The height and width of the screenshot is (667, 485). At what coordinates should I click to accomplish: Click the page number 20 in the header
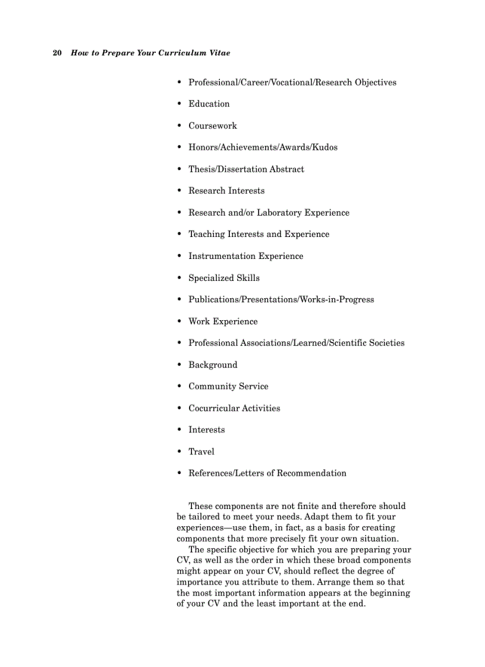click(x=57, y=53)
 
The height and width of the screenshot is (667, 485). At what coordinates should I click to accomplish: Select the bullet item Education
click(x=209, y=104)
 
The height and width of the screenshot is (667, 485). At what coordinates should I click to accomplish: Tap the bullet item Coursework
click(x=212, y=126)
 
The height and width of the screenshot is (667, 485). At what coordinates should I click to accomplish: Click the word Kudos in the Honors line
click(x=325, y=147)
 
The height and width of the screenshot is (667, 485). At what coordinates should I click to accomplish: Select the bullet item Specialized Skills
click(x=223, y=278)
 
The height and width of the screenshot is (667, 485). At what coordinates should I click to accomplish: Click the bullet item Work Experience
click(x=223, y=321)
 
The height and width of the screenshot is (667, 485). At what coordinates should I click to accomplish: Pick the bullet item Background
click(x=213, y=365)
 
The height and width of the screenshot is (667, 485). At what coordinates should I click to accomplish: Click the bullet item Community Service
click(x=228, y=386)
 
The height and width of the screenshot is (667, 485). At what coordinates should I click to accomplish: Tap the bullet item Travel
click(x=201, y=451)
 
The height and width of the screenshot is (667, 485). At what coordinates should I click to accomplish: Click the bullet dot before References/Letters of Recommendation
click(x=179, y=473)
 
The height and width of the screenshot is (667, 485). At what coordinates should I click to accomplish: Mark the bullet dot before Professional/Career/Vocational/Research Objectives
click(x=179, y=83)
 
